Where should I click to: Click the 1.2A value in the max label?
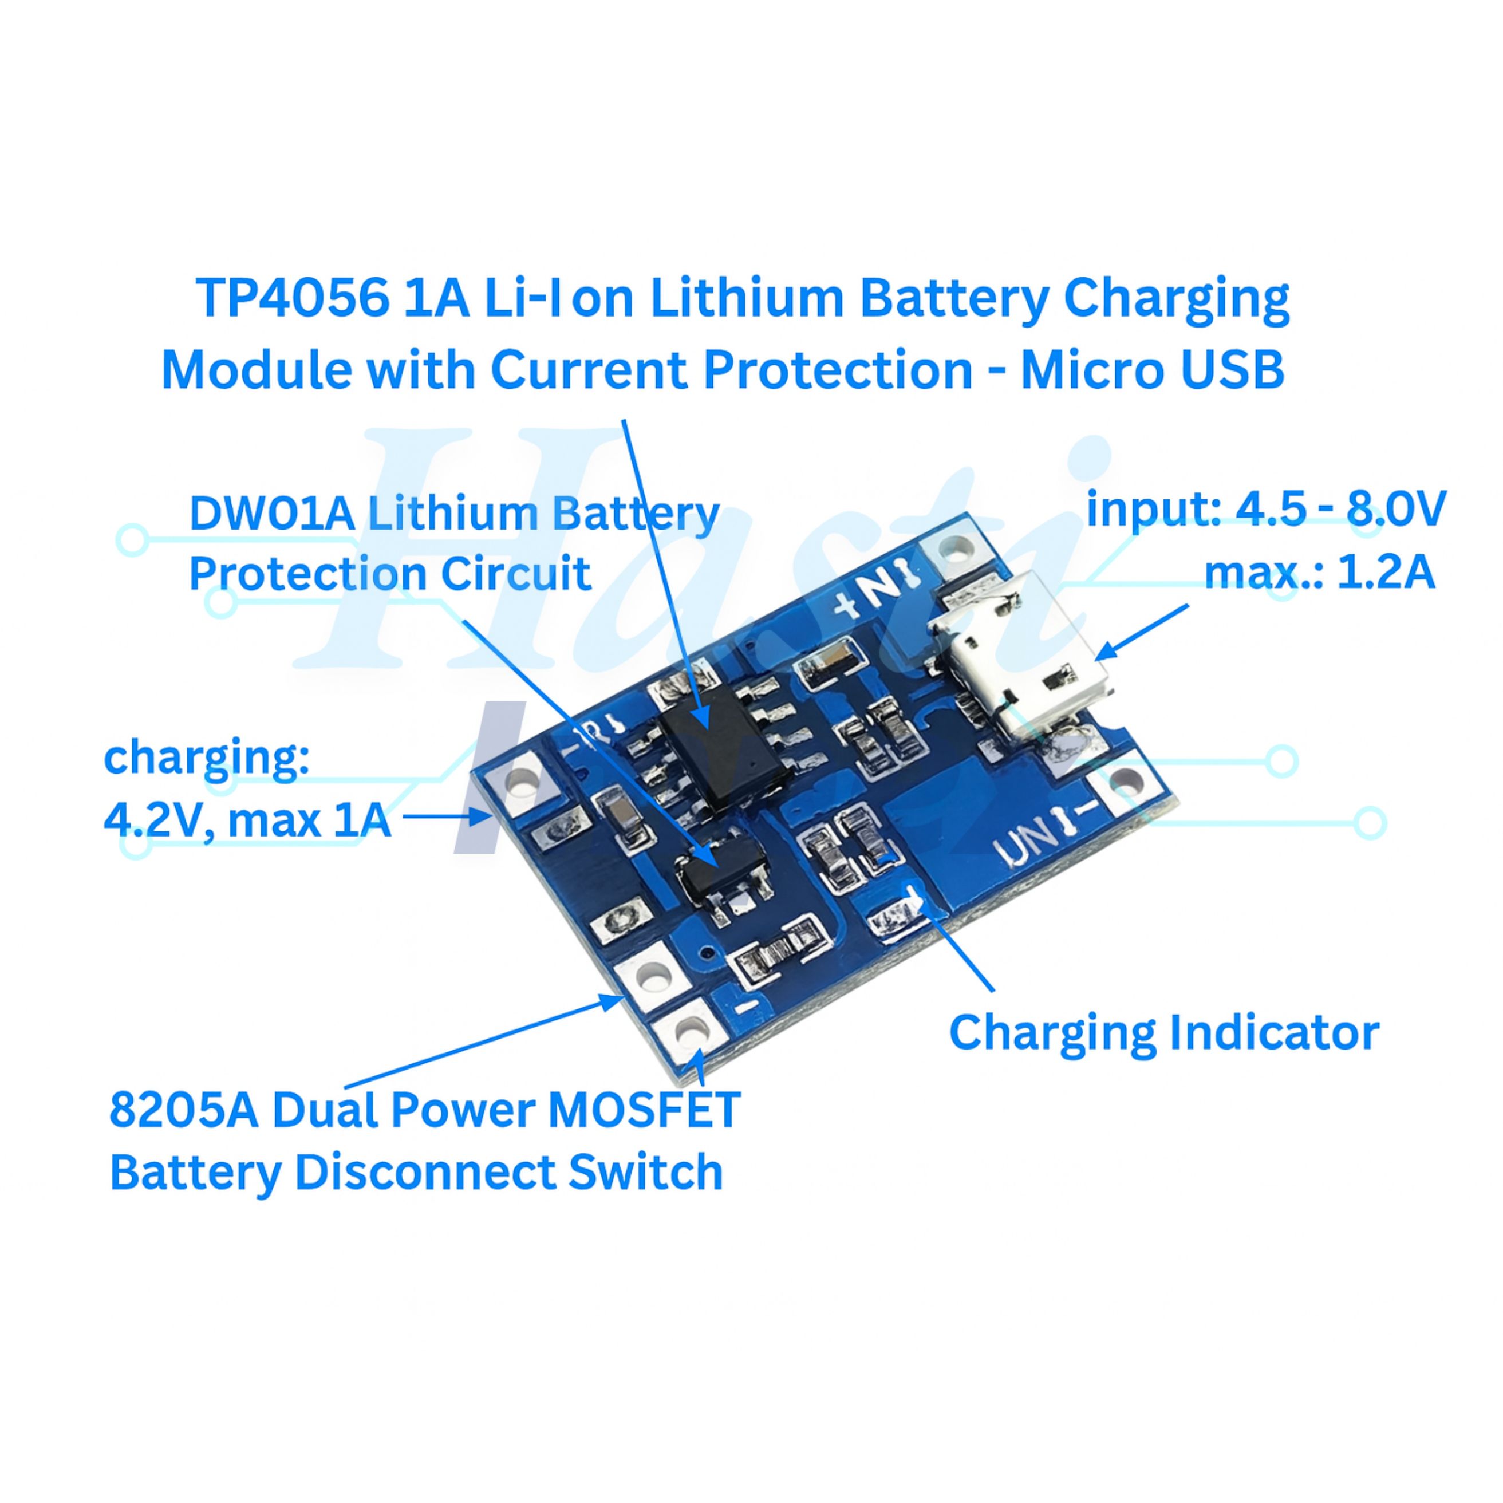[1386, 573]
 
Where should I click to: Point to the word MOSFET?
[644, 1110]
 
